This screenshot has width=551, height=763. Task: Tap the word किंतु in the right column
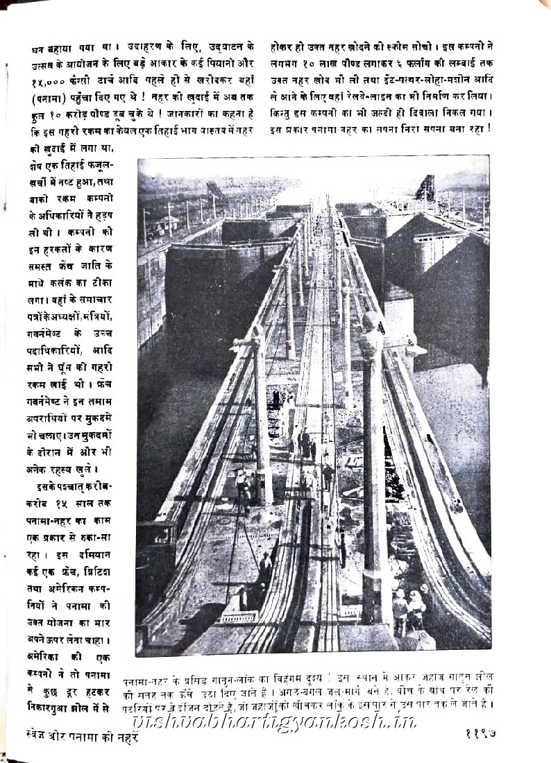285,113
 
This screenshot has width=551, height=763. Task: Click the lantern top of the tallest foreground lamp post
372,321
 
